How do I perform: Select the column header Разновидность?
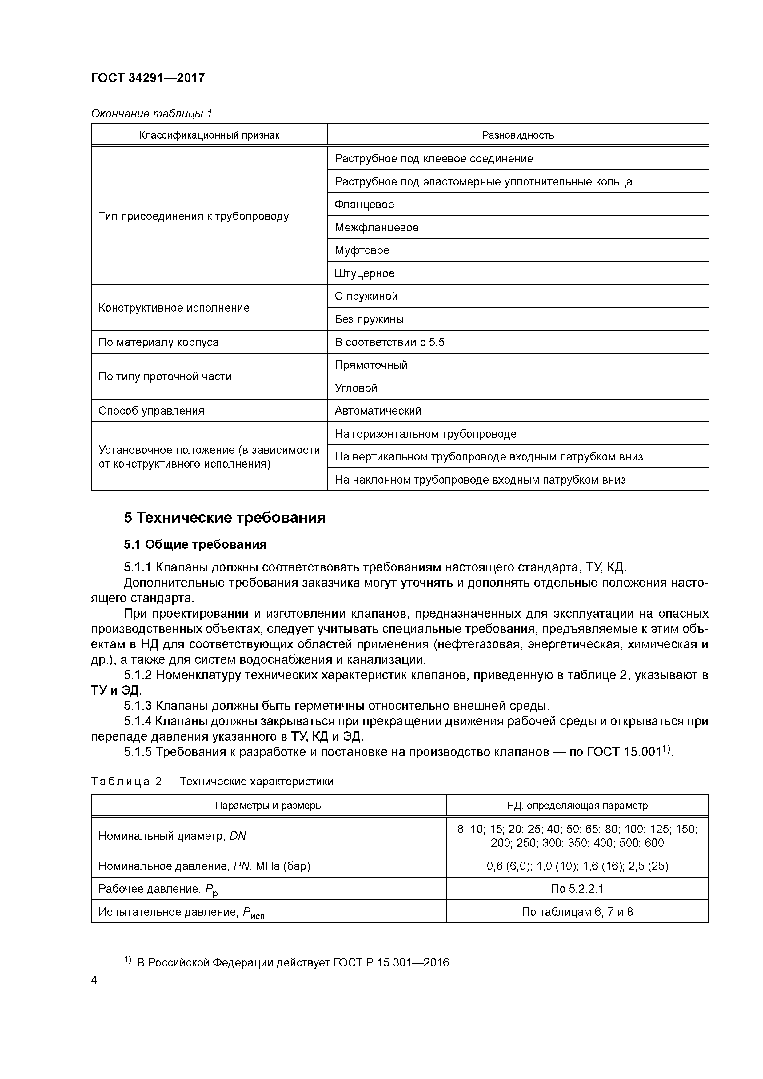point(518,135)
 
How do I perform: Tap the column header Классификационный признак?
point(209,135)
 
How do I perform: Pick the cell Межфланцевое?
point(377,227)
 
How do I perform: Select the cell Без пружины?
point(369,319)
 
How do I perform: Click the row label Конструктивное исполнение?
point(174,308)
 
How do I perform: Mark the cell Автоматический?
point(378,411)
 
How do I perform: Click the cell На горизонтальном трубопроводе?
point(425,434)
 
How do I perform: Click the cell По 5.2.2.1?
point(577,889)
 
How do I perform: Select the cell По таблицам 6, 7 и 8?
point(577,912)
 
